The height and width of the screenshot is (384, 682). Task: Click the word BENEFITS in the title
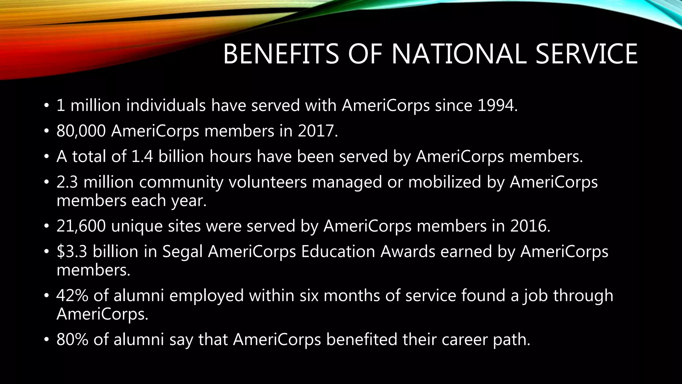point(281,54)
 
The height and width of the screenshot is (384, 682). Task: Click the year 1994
point(495,106)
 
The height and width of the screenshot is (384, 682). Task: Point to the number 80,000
point(81,131)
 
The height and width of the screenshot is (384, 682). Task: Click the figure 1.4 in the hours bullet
point(143,156)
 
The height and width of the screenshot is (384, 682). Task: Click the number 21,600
point(81,226)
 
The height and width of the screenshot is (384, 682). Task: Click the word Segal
point(182,251)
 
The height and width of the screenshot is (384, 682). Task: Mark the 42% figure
point(72,296)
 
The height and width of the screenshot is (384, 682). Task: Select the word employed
point(206,296)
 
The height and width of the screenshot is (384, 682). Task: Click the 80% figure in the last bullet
point(72,340)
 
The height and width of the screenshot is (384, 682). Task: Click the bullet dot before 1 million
point(46,106)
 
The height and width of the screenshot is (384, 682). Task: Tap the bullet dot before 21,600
point(46,227)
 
